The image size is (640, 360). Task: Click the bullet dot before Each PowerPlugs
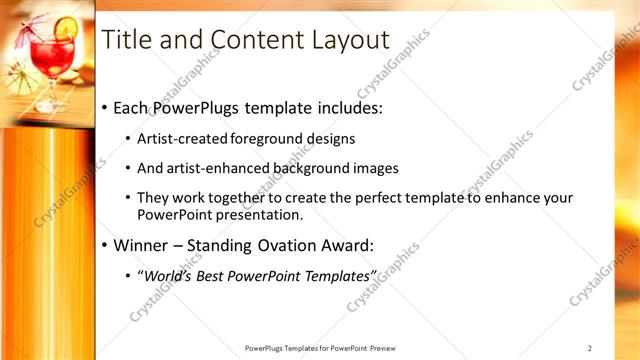(105, 108)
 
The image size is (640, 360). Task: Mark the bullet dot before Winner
(105, 245)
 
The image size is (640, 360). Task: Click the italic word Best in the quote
(213, 275)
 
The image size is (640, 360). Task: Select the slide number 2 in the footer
(590, 348)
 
